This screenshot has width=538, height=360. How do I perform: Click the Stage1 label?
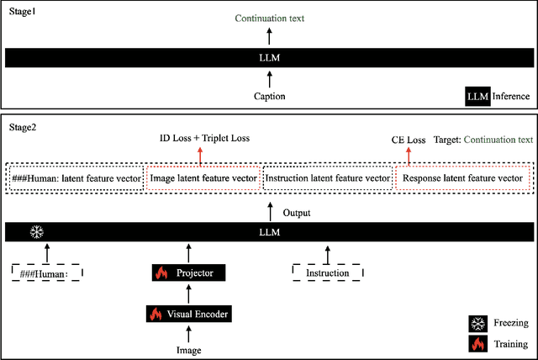click(22, 14)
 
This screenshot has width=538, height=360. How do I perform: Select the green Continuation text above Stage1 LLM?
click(269, 17)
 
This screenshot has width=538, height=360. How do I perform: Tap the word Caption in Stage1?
click(269, 96)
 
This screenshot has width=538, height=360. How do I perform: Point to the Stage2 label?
click(22, 127)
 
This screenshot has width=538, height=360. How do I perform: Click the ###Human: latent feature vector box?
click(77, 178)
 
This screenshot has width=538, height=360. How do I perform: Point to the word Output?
click(297, 213)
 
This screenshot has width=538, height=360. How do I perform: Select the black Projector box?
click(189, 273)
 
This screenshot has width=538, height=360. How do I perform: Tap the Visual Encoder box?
click(189, 314)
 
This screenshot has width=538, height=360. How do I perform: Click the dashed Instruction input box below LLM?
click(326, 273)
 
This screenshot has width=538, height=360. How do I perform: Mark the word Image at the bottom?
click(188, 348)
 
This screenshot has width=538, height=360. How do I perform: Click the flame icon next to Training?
click(477, 343)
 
